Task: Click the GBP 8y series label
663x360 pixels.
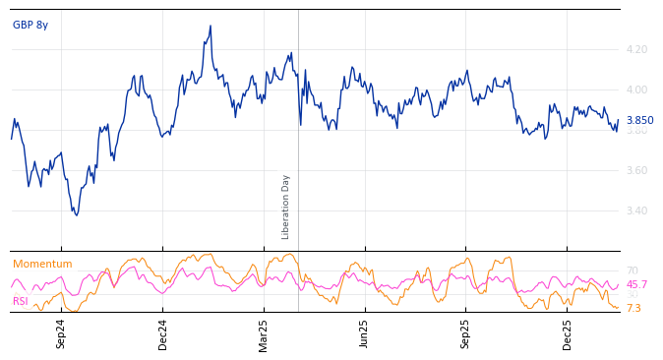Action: (30, 25)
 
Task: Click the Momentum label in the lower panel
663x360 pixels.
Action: (42, 264)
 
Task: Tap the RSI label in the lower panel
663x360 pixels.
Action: (21, 301)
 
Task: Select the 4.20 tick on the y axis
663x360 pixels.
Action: (636, 49)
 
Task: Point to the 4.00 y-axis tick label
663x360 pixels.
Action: (636, 90)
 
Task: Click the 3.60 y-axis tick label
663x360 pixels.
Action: (636, 170)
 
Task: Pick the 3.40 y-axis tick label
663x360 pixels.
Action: (636, 210)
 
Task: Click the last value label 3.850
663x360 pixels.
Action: (639, 120)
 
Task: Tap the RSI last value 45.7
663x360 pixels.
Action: (636, 284)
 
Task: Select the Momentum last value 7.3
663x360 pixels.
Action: (633, 308)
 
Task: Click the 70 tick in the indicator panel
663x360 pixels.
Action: (632, 270)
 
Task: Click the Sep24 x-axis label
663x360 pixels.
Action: (61, 333)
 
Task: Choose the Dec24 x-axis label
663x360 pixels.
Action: (163, 333)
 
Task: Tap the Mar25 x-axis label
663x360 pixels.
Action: (264, 333)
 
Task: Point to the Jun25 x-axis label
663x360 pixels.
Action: (364, 333)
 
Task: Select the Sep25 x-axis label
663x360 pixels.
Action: (465, 333)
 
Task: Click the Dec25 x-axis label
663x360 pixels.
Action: (568, 333)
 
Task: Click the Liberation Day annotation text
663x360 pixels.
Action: (286, 207)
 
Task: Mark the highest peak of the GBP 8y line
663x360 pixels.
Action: (211, 27)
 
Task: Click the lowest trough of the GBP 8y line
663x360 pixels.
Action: (76, 214)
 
